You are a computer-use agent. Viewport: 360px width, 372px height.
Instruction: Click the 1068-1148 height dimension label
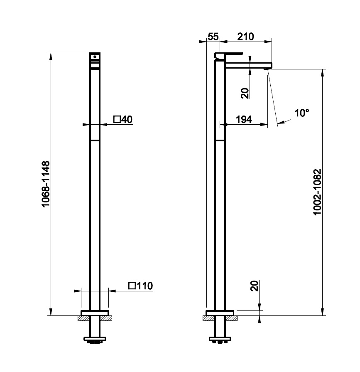tap(46, 184)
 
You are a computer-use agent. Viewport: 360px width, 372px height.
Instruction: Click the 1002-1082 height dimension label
tap(317, 192)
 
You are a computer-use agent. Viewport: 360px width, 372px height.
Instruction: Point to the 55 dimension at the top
tap(213, 37)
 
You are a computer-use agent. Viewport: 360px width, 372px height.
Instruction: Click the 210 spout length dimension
tap(245, 37)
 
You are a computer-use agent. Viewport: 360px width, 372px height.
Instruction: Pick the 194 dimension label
tap(244, 119)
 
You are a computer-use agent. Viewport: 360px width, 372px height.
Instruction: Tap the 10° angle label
tap(302, 113)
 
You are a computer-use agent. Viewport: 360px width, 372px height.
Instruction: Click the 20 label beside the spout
tap(245, 93)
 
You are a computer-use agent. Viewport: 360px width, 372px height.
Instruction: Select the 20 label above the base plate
tap(254, 286)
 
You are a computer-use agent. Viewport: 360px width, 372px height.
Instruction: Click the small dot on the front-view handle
tap(95, 57)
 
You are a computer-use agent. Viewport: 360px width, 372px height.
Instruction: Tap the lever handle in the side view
tap(228, 55)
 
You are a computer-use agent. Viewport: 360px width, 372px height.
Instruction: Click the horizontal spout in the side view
tap(248, 66)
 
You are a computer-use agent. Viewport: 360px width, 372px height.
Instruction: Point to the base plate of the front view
tap(95, 313)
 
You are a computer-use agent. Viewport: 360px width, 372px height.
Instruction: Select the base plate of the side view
tap(220, 313)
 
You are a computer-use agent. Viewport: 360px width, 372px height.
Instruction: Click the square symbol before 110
tap(132, 286)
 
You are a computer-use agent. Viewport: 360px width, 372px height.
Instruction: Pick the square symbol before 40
tap(117, 119)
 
